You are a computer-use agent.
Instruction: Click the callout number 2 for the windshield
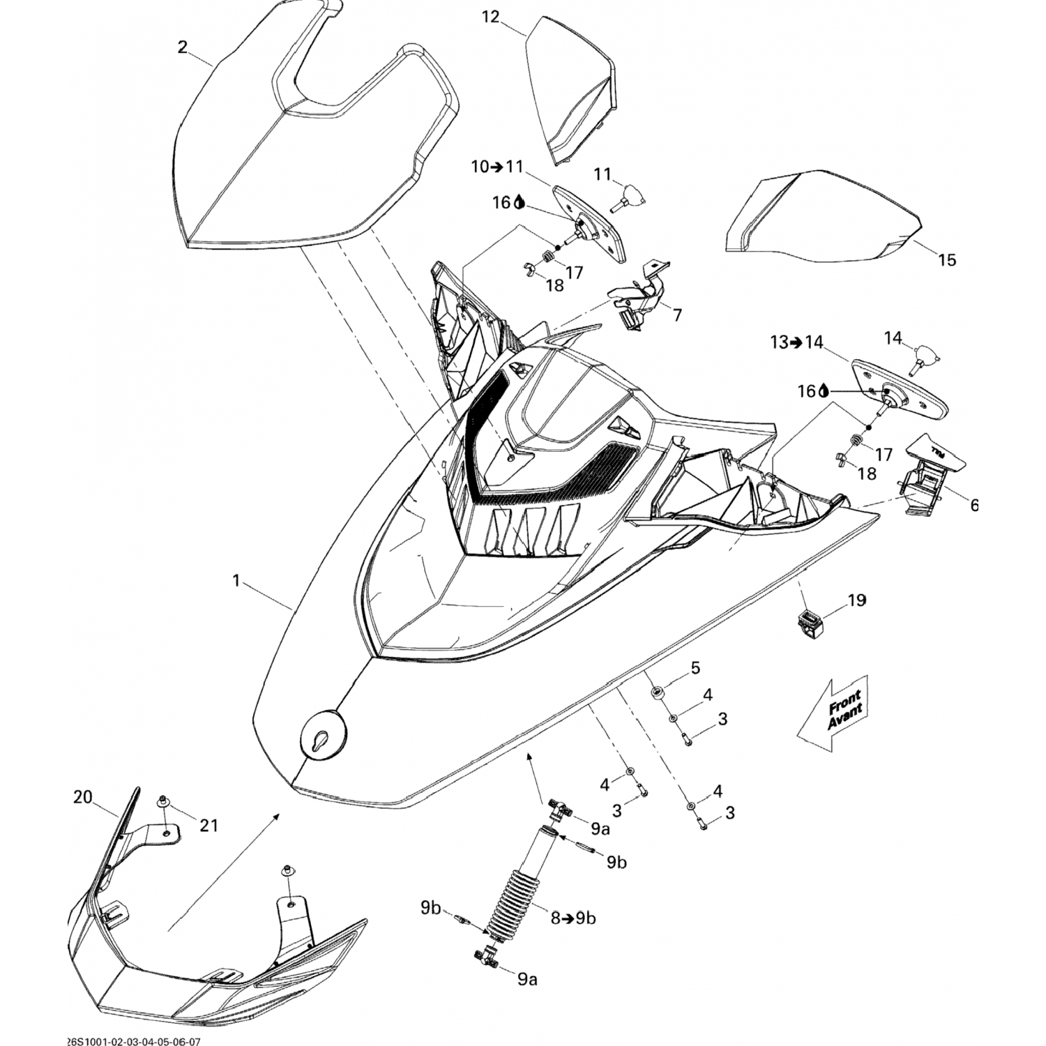pos(183,47)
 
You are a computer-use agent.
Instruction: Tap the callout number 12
pos(491,17)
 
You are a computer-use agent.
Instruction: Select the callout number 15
pos(946,260)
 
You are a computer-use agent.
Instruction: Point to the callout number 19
pos(856,600)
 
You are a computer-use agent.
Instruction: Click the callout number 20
pos(83,797)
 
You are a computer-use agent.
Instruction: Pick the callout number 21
pos(209,826)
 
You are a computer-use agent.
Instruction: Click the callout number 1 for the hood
pos(236,580)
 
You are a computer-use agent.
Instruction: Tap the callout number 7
pos(677,315)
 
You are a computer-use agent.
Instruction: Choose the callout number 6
pos(973,506)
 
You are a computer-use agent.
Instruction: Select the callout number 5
pos(695,668)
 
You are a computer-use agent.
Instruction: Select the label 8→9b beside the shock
pos(573,918)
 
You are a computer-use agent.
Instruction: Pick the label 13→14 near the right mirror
pos(797,342)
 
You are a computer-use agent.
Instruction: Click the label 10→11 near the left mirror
pos(497,167)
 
